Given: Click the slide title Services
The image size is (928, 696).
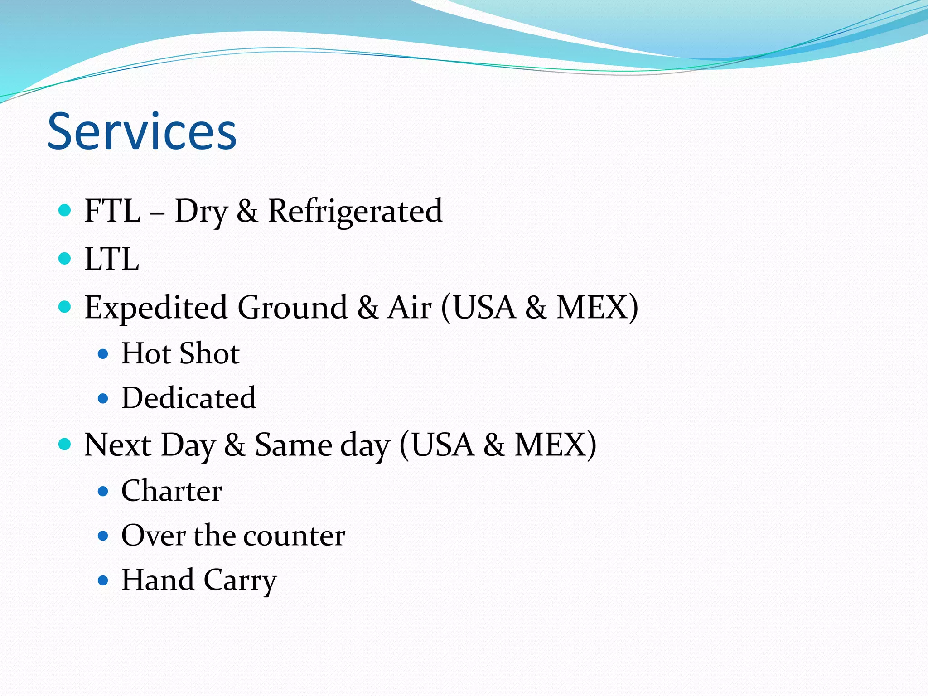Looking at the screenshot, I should pyautogui.click(x=142, y=131).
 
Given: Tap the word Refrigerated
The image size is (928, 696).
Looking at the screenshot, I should pyautogui.click(x=355, y=211).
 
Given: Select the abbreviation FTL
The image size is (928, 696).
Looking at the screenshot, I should pyautogui.click(x=112, y=211).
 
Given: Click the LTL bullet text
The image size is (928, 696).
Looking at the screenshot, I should pyautogui.click(x=111, y=259).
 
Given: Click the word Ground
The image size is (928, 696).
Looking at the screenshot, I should pyautogui.click(x=292, y=307).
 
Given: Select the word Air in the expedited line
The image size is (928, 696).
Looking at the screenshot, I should pyautogui.click(x=409, y=307).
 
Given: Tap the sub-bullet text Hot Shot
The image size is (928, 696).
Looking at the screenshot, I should pyautogui.click(x=180, y=353).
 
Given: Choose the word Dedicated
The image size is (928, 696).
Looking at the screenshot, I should pyautogui.click(x=188, y=398).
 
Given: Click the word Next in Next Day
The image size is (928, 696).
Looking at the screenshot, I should pyautogui.click(x=118, y=445).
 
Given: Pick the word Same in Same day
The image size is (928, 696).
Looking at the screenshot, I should pyautogui.click(x=292, y=445).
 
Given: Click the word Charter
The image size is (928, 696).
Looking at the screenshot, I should pyautogui.click(x=172, y=491).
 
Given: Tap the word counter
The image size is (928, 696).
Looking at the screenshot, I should pyautogui.click(x=294, y=536).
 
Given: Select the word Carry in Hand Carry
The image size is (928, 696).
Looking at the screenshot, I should pyautogui.click(x=240, y=580).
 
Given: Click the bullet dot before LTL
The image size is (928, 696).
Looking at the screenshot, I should pyautogui.click(x=65, y=258).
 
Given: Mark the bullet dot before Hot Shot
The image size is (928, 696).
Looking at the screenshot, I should pyautogui.click(x=103, y=354).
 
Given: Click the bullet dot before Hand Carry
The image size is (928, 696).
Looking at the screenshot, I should pyautogui.click(x=103, y=580).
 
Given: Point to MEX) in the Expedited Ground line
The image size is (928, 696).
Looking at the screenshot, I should pyautogui.click(x=597, y=307).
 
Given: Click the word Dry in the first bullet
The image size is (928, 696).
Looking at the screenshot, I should pyautogui.click(x=201, y=212).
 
